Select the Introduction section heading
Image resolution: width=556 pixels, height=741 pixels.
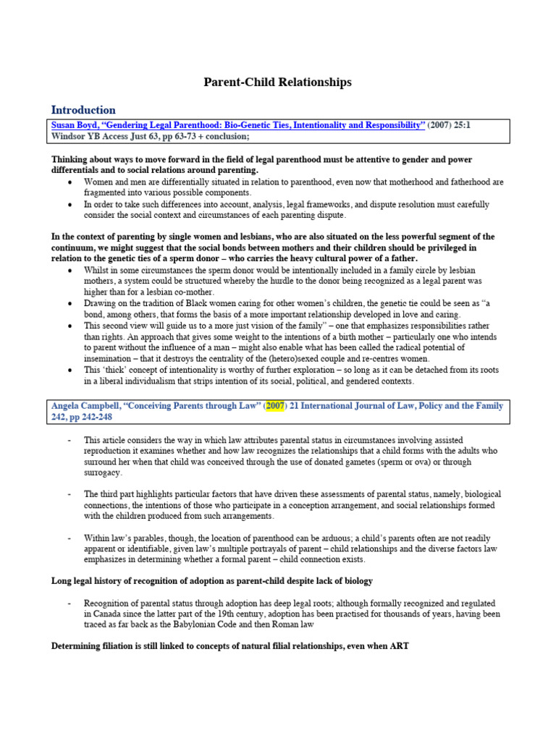83,110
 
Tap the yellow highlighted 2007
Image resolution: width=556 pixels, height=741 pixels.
275,406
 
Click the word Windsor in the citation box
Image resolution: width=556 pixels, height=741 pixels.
70,136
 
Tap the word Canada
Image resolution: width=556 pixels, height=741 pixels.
102,614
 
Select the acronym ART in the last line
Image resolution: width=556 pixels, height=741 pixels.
400,645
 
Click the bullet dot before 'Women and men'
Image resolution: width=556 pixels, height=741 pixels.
69,182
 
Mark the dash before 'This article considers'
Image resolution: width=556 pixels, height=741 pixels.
69,439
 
